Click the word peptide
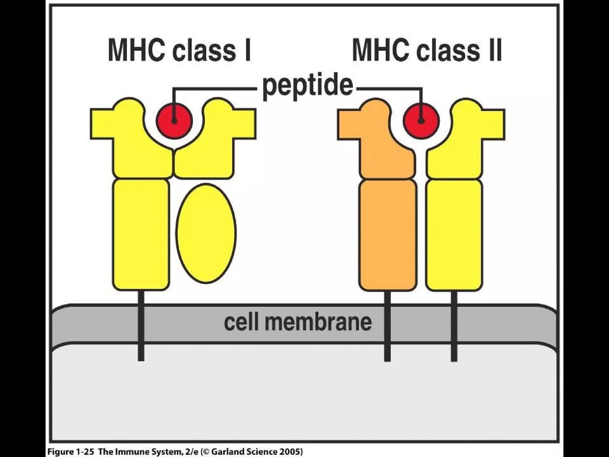coord(307,86)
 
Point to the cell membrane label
coord(297,322)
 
